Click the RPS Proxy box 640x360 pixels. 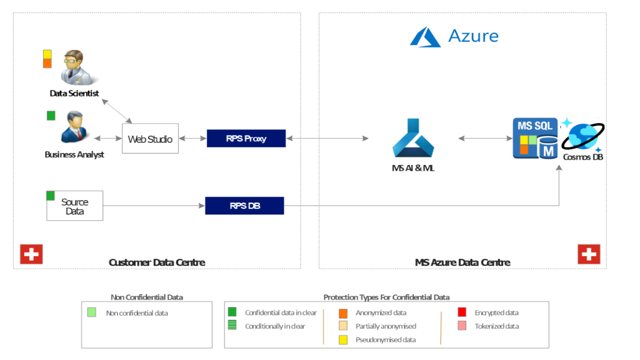click(246, 138)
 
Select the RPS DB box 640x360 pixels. click(244, 205)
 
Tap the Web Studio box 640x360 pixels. click(150, 138)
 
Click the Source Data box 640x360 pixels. click(75, 205)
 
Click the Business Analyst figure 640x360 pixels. click(74, 127)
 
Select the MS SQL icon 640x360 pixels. click(535, 138)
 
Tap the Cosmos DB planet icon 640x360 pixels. click(583, 135)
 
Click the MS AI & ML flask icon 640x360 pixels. click(413, 137)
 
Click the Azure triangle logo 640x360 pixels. click(425, 37)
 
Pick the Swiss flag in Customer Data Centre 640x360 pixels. click(31, 254)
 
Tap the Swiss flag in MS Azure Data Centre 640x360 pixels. click(589, 254)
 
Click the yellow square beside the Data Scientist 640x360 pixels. click(47, 54)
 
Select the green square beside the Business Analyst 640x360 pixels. click(51, 115)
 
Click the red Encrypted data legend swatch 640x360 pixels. click(462, 312)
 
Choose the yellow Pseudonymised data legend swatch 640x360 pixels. click(343, 339)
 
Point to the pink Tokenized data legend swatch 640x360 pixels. click(462, 325)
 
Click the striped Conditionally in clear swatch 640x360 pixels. click(232, 325)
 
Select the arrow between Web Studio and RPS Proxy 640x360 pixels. click(193, 138)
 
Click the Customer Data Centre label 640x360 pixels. click(157, 262)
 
